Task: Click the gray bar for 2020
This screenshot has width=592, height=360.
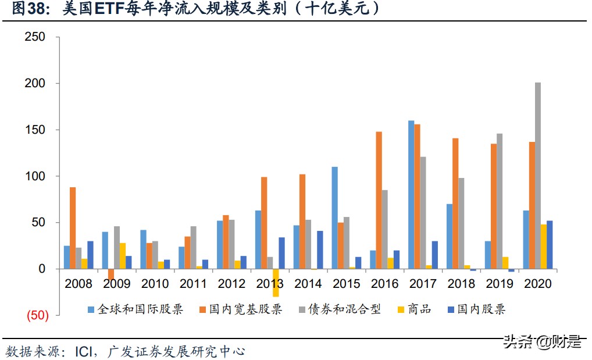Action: (x=537, y=176)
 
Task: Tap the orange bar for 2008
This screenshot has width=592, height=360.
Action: (x=73, y=228)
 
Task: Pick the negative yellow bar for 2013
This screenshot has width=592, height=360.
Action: (x=276, y=283)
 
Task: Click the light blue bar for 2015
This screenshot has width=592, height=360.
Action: (x=334, y=218)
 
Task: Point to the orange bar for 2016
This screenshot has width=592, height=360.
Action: (x=379, y=200)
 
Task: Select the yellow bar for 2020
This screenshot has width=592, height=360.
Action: (x=544, y=247)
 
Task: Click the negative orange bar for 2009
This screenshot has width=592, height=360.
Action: (x=111, y=275)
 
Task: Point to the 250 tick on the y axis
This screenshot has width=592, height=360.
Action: (x=34, y=37)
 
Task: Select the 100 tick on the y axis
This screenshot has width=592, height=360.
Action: (x=34, y=176)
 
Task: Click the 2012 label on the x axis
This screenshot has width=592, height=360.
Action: (x=231, y=284)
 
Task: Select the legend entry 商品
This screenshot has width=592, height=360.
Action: (x=419, y=309)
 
